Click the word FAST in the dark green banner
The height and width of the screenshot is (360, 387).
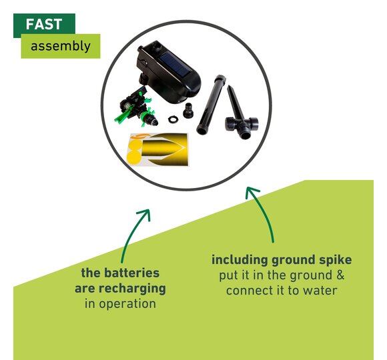43,24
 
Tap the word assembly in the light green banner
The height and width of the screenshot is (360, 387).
61,47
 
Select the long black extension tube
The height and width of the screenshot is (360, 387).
211,105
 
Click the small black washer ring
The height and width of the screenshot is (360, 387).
173,120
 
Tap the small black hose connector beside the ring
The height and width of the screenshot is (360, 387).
188,110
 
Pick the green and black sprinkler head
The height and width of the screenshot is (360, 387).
135,107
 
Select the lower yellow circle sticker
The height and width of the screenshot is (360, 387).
134,157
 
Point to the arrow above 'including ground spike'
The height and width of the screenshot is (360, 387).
261,212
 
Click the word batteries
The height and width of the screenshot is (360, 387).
131,273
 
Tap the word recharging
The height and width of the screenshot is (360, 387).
132,289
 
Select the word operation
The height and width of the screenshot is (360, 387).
127,304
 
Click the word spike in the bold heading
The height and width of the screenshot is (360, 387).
337,260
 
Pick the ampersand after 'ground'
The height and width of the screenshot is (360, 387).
340,275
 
